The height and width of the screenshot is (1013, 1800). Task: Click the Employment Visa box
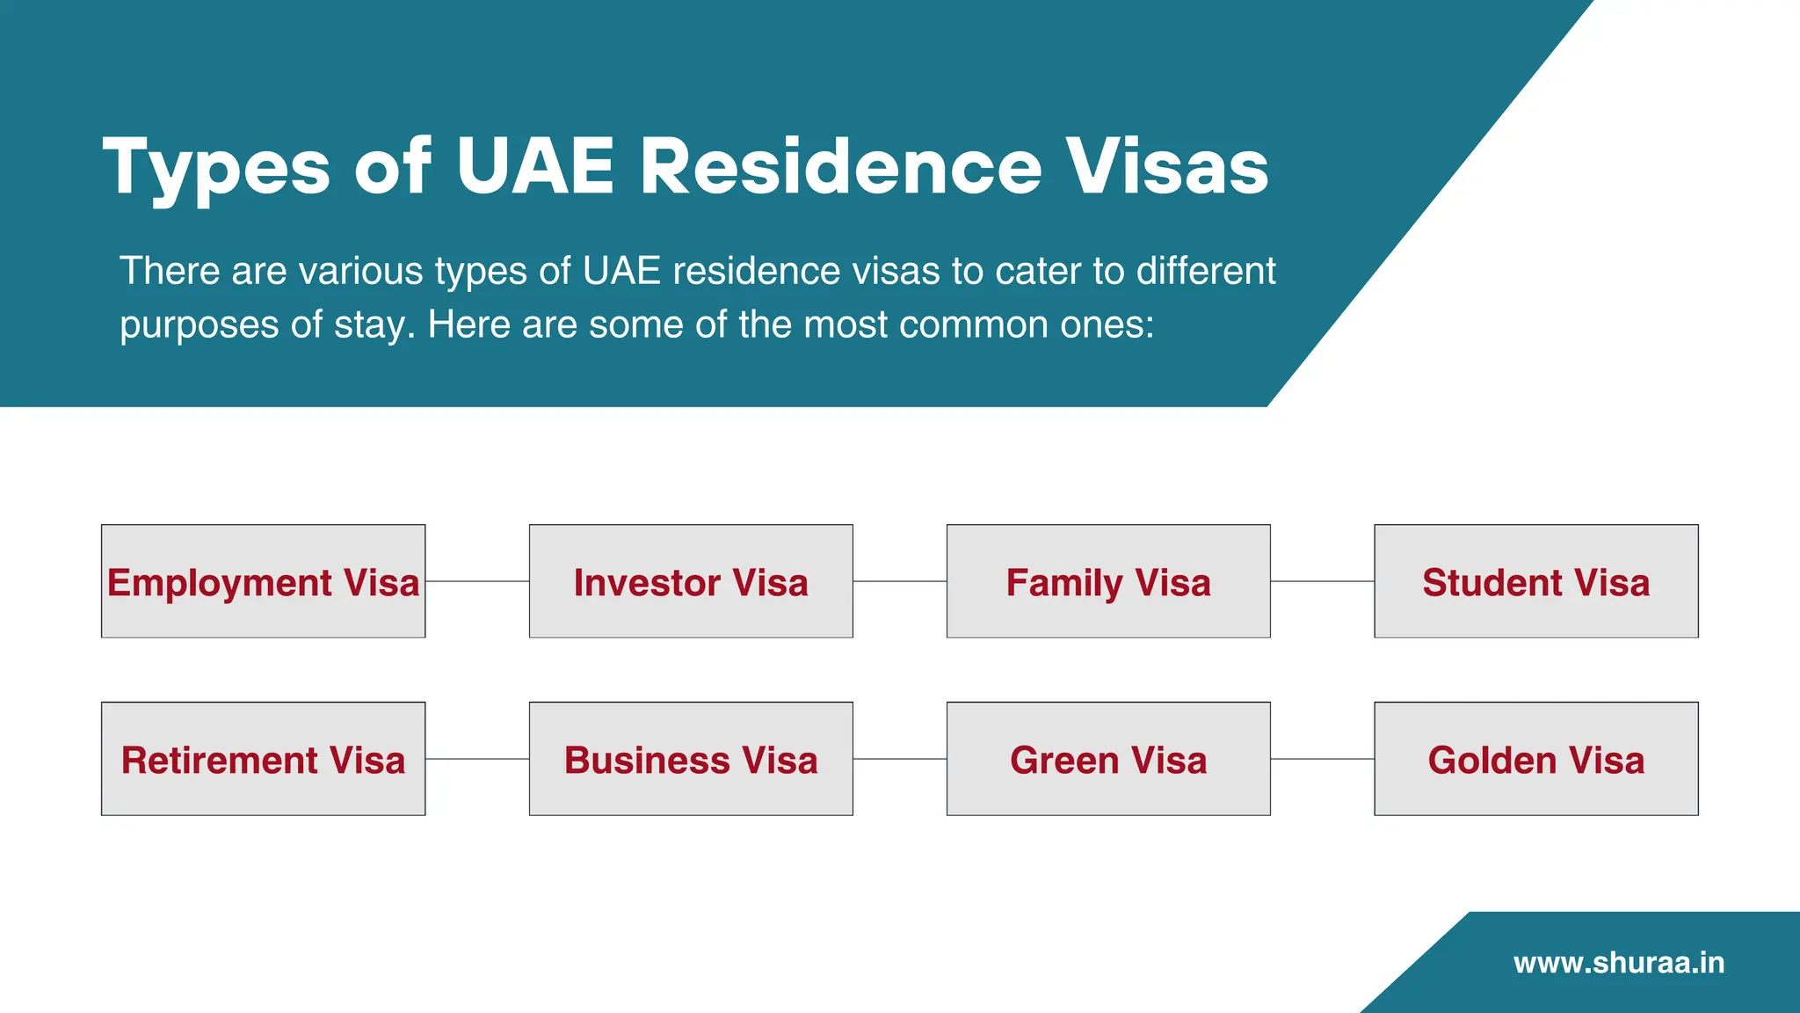263,581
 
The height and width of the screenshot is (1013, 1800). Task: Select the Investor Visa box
691,581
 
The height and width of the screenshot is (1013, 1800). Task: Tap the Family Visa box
1108,581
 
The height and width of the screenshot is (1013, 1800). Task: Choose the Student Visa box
1536,581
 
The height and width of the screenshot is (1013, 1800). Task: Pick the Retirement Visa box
263,759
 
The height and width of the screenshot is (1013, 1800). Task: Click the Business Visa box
691,759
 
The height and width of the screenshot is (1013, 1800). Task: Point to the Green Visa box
1108,759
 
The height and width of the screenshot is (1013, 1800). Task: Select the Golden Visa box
1536,759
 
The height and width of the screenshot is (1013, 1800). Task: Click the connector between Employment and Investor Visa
477,581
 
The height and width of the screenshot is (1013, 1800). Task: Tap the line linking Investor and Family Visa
900,581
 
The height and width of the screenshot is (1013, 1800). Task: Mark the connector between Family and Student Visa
1323,581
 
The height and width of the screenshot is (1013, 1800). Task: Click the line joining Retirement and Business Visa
477,759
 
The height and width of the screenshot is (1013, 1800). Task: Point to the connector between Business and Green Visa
900,759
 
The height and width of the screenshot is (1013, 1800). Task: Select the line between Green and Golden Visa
1323,759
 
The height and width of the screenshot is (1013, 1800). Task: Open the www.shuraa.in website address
1619,963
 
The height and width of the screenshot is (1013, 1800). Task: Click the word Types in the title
216,167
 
